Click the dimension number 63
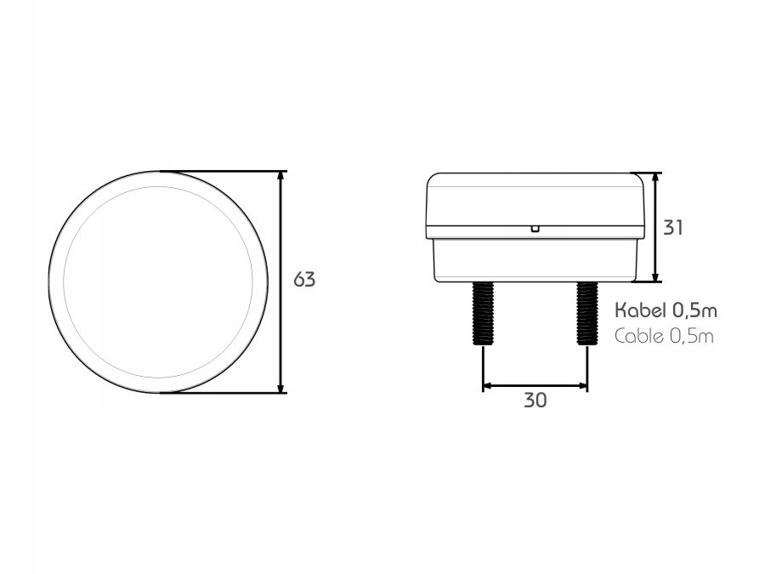point(304,279)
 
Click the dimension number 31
point(672,227)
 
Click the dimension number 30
point(535,401)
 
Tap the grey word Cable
point(638,335)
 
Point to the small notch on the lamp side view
point(535,228)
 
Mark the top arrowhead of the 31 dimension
point(655,177)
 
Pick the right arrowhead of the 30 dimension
point(582,385)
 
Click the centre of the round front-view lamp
point(158,281)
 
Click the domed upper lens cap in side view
point(535,202)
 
